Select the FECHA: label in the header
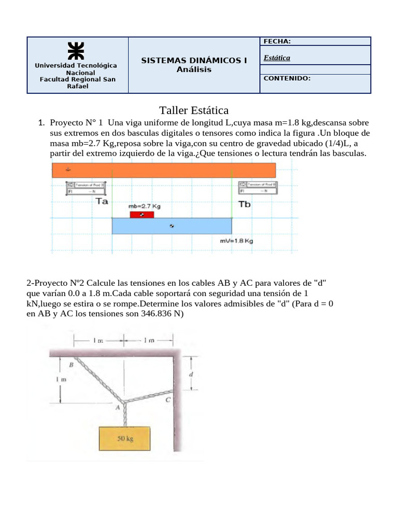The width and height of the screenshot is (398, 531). [x=277, y=41]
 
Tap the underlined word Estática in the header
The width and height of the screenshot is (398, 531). [x=277, y=58]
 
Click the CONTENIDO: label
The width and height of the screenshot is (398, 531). [x=287, y=79]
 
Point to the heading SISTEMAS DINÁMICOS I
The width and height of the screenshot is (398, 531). [x=194, y=61]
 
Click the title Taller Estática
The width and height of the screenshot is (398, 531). [x=193, y=110]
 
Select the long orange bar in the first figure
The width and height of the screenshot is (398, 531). [x=163, y=170]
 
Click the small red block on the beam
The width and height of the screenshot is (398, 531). [x=141, y=215]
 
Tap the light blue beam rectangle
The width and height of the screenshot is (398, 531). [x=172, y=226]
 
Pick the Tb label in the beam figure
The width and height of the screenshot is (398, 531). [x=244, y=204]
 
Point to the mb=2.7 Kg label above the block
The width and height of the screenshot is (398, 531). [x=145, y=206]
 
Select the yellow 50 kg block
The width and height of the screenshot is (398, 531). [x=125, y=438]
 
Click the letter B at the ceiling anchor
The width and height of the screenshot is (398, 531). [x=72, y=366]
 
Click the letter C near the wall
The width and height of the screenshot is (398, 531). [x=167, y=400]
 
